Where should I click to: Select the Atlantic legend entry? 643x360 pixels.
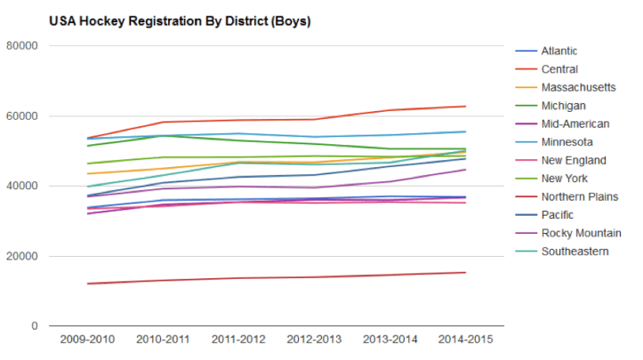[559, 51]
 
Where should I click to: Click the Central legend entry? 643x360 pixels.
[559, 69]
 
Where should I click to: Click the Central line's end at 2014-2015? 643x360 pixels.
[466, 107]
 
